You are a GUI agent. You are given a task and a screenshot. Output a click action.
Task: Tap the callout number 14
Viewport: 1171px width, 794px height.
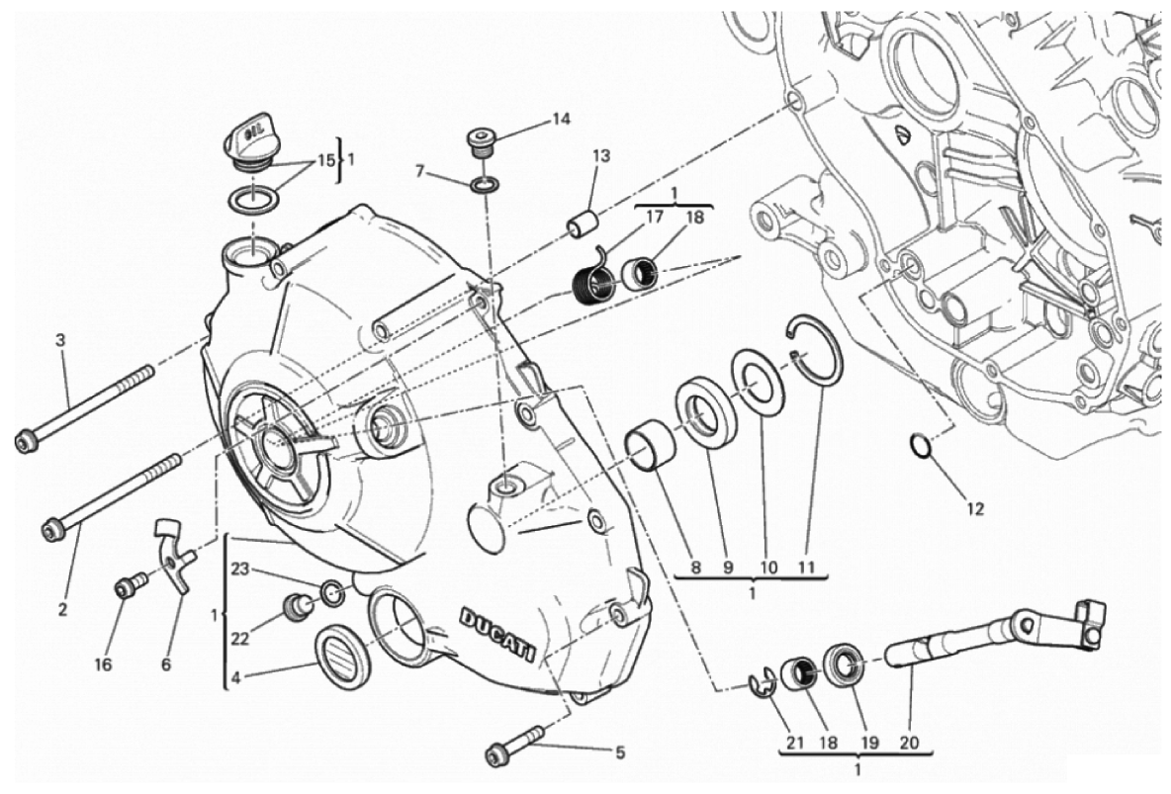561,120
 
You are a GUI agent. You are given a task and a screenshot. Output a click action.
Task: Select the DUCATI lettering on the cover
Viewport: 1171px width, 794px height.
500,634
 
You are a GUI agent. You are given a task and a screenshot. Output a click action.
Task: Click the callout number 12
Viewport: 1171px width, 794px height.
975,510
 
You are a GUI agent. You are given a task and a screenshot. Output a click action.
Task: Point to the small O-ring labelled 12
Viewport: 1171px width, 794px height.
920,447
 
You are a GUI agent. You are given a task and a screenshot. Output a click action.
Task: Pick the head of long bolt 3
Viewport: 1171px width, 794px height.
25,442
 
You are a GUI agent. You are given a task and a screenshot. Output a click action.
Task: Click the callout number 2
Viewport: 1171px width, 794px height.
62,610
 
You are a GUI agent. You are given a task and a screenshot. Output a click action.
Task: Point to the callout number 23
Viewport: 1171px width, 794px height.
240,569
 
